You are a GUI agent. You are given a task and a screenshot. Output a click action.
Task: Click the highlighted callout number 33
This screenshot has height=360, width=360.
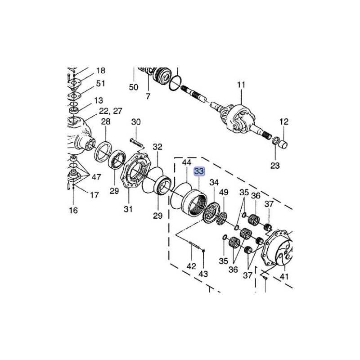click(199, 171)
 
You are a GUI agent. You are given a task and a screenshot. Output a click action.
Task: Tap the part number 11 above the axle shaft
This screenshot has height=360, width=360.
click(242, 85)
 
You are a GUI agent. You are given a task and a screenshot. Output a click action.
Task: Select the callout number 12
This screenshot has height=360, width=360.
click(284, 121)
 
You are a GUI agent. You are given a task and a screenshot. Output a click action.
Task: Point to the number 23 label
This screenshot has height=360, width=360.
click(275, 166)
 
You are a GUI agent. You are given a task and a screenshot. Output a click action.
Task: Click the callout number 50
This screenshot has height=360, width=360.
click(134, 87)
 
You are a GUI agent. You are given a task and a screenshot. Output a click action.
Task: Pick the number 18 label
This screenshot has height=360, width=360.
click(100, 71)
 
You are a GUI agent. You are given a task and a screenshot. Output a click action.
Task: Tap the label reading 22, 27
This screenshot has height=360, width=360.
click(111, 111)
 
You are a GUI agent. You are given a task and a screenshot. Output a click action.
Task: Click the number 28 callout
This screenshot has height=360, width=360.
click(106, 121)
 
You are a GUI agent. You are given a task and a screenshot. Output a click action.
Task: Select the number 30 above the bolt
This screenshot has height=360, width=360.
click(136, 121)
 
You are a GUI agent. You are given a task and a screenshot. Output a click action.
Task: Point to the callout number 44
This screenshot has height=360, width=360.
click(186, 162)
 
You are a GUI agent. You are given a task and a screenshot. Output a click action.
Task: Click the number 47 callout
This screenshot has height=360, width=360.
click(96, 177)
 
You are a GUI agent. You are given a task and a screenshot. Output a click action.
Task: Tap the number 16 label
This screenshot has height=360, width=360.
click(73, 210)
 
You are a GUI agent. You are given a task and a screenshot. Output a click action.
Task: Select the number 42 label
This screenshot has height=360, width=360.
click(191, 266)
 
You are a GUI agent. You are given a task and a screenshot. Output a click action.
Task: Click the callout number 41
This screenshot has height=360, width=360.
click(284, 277)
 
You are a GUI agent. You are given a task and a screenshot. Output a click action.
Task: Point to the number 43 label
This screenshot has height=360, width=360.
click(204, 274)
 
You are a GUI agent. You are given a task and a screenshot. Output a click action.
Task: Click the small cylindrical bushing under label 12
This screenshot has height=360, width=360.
click(283, 145)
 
